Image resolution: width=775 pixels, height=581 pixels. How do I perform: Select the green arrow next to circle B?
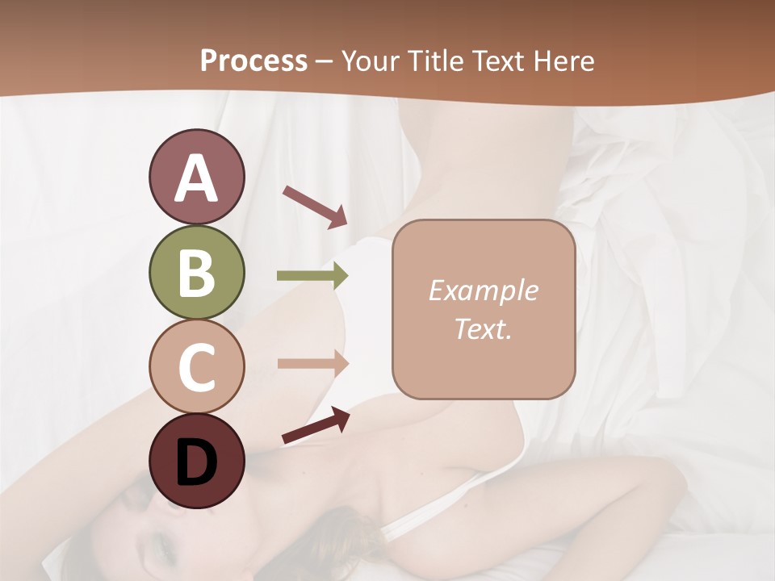tap(312, 275)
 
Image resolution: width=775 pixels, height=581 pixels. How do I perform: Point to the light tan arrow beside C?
tap(312, 363)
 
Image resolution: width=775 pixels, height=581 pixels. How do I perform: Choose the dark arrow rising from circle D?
tap(316, 425)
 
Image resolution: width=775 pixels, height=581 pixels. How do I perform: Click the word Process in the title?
tap(253, 61)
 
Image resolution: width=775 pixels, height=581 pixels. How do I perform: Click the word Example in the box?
tap(483, 290)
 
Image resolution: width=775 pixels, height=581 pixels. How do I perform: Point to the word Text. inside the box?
tap(483, 328)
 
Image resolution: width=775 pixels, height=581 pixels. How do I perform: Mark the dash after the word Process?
tap(325, 62)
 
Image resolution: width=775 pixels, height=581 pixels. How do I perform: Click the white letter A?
tap(197, 178)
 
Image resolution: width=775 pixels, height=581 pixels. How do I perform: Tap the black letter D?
tap(196, 462)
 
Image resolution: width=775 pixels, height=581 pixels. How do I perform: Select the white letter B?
tap(196, 273)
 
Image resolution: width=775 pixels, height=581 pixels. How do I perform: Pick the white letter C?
tap(196, 367)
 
